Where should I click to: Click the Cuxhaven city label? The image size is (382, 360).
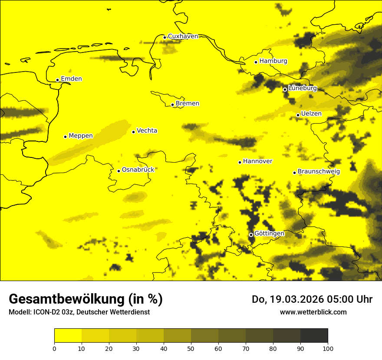(183, 36)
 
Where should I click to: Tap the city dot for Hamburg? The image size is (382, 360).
(256, 62)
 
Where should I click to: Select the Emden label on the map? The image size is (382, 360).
(71, 79)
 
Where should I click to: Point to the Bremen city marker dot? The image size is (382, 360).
(172, 105)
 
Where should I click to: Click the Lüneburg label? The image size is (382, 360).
(302, 88)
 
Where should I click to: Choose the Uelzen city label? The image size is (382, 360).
(311, 114)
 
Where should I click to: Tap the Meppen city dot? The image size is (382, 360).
(66, 137)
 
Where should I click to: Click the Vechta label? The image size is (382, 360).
(147, 131)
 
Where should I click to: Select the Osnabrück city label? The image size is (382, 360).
(138, 170)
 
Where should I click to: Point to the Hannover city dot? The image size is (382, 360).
(240, 162)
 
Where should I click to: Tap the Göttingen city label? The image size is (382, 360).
(269, 233)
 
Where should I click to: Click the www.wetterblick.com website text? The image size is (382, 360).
(313, 312)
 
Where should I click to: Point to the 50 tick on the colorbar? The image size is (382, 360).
(191, 348)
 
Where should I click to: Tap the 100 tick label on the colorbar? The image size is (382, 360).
(328, 348)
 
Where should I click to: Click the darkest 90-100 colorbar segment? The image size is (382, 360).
(314, 336)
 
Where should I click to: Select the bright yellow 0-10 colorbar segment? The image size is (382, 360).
(68, 336)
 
